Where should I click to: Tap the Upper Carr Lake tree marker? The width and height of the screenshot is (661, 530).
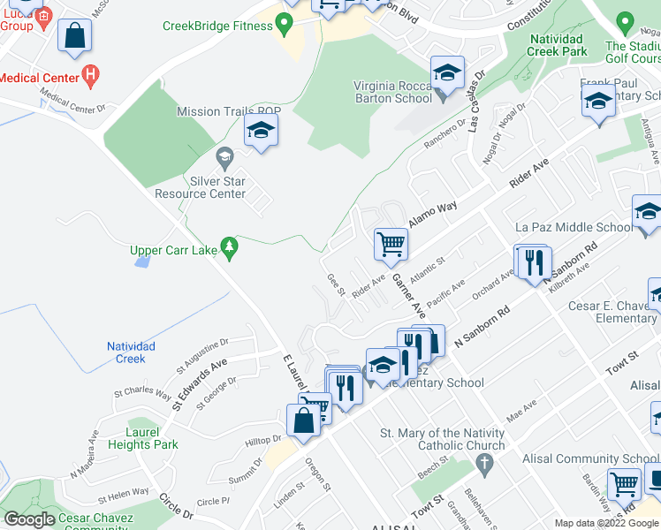(x=230, y=249)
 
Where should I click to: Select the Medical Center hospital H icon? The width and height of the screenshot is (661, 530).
(x=89, y=76)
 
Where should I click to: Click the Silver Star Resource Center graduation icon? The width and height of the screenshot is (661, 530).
(x=224, y=160)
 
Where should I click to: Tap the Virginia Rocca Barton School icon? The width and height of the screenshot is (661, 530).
(x=447, y=74)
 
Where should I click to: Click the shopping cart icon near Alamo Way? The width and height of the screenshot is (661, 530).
(x=391, y=245)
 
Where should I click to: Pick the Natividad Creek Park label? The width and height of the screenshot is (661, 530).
(x=558, y=45)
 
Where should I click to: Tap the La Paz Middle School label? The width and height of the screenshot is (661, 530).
(x=574, y=227)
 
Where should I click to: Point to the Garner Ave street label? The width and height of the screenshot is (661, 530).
(x=408, y=297)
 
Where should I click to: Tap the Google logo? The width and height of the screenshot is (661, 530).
(x=29, y=519)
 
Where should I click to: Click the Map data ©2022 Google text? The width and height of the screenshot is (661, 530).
(x=607, y=523)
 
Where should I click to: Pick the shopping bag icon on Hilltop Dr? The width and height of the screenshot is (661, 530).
(x=303, y=421)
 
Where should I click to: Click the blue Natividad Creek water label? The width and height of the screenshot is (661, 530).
(x=131, y=352)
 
